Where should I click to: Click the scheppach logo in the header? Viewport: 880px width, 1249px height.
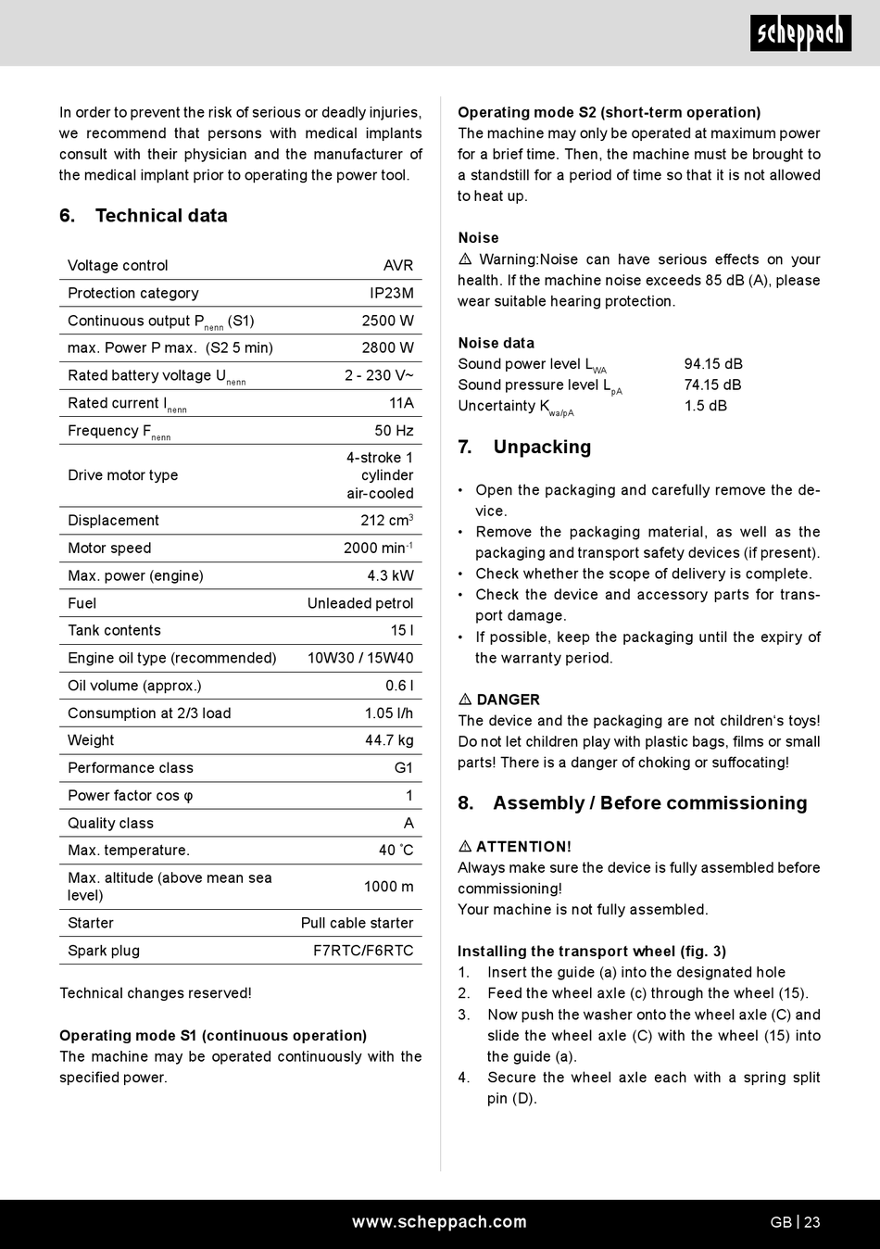[x=800, y=34]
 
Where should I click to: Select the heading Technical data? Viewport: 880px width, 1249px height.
[x=161, y=216]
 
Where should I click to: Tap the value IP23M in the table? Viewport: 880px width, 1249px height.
[x=392, y=293]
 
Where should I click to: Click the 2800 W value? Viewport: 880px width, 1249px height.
[x=387, y=347]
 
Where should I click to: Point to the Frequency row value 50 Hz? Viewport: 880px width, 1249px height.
[x=394, y=430]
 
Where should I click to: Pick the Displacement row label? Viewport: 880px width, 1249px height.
[x=113, y=520]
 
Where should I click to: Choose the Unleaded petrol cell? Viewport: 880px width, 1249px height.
[x=360, y=603]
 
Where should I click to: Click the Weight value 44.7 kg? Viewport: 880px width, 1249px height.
[x=389, y=740]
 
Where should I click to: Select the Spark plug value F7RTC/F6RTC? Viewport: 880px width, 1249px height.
[x=363, y=951]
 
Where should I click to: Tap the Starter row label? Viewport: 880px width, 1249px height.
[x=91, y=923]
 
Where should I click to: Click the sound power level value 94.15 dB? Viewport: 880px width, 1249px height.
[x=713, y=364]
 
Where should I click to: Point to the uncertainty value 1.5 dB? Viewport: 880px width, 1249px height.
[x=706, y=406]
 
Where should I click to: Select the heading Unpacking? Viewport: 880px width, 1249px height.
[x=542, y=448]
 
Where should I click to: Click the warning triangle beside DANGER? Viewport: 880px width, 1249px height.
[x=465, y=700]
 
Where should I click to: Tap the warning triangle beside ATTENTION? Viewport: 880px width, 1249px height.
[x=465, y=847]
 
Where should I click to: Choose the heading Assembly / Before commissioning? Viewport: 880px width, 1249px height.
[x=649, y=803]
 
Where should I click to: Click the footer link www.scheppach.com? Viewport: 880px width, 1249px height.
[x=439, y=1222]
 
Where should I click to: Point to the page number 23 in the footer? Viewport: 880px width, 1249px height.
[x=812, y=1222]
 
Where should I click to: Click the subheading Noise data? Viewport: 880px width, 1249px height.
[x=496, y=343]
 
